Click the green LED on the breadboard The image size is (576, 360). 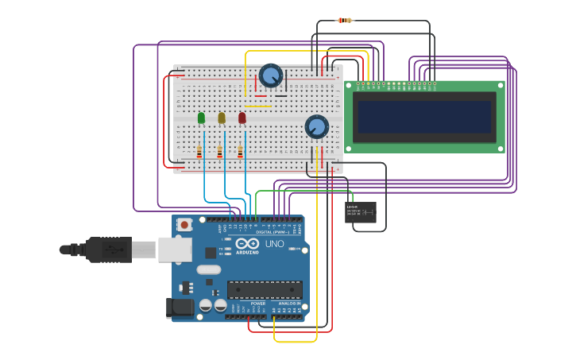[201, 118]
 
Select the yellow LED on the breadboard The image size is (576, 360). [222, 118]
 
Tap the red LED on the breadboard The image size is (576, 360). [242, 118]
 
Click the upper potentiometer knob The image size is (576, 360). [271, 76]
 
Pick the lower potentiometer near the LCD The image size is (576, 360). [317, 126]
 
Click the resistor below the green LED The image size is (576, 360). [199, 151]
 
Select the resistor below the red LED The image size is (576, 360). [240, 151]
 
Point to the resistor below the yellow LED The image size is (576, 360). [220, 151]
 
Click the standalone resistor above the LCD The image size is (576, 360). [345, 21]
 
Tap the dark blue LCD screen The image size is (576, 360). [423, 116]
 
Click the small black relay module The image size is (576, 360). [361, 212]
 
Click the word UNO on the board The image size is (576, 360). [274, 244]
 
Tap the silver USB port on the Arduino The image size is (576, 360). [175, 250]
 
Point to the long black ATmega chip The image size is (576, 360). [265, 290]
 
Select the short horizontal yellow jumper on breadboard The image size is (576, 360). [257, 106]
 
